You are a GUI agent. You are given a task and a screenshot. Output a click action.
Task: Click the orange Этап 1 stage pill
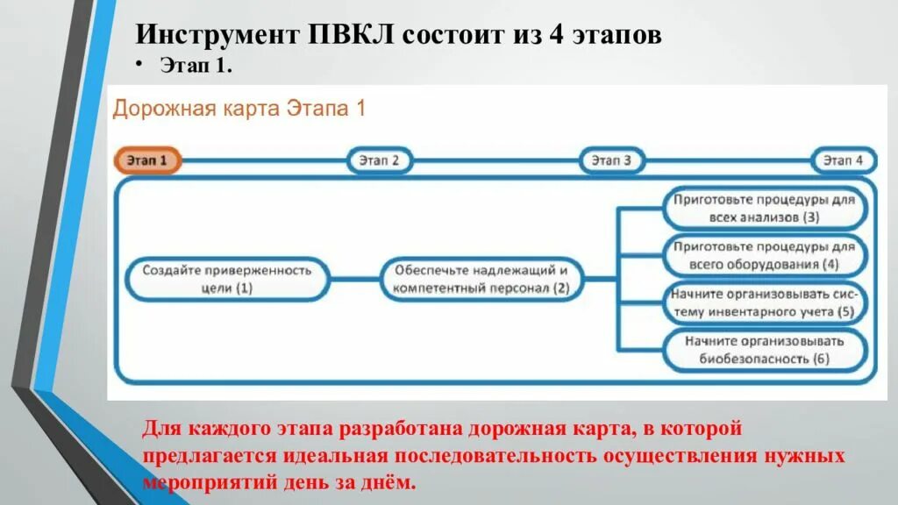[x=146, y=160]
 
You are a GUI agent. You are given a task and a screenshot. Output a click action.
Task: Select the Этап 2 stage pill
[x=380, y=160]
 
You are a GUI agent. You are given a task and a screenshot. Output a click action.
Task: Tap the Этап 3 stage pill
[x=611, y=160]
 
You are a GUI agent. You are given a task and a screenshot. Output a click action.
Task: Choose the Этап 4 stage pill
[x=843, y=160]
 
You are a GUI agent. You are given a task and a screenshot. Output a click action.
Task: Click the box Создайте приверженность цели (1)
[x=226, y=278]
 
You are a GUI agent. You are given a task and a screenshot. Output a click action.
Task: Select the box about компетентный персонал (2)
[x=481, y=278]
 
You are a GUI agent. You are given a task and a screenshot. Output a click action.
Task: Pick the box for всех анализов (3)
[x=764, y=208]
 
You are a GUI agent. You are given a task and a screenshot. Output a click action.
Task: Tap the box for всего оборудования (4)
[x=764, y=255]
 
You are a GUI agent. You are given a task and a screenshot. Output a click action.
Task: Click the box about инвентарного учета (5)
[x=764, y=302]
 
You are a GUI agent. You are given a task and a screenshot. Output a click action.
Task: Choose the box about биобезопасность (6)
[x=764, y=350]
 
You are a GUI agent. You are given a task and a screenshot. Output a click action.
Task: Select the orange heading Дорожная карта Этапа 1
[x=238, y=109]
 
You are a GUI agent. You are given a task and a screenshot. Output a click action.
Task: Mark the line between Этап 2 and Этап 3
[x=495, y=160]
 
